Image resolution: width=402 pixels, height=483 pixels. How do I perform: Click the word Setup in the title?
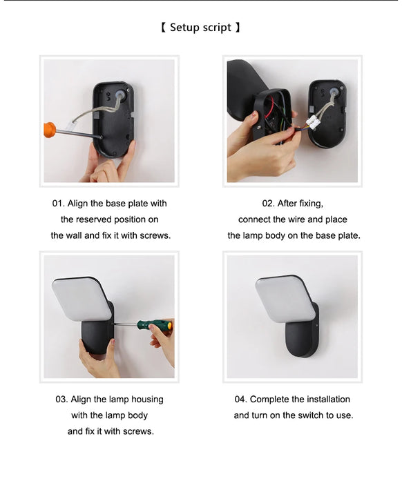point(184,28)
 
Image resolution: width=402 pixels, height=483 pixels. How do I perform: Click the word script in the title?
point(217,28)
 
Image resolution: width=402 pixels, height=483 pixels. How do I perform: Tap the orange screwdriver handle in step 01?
point(49,130)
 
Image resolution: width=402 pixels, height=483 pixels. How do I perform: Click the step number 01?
point(58,204)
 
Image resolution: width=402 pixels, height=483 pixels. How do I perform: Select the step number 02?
point(268,204)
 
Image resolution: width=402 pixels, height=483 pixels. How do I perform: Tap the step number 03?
point(61,400)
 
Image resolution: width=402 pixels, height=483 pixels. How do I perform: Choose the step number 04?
point(240,400)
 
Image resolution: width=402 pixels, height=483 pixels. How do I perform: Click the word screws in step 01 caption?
point(155,236)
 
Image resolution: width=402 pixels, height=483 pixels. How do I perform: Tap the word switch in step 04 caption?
point(312,415)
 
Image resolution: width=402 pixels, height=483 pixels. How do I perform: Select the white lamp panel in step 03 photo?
point(82,299)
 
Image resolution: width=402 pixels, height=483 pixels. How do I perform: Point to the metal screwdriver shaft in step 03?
point(125,324)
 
